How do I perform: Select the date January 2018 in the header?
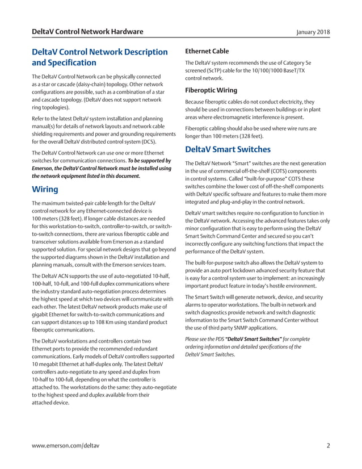313,32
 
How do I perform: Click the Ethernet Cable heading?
207,51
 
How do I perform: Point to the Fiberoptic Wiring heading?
211,90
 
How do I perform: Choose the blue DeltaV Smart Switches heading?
228,150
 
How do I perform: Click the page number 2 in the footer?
328,446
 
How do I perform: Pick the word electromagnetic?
243,118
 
